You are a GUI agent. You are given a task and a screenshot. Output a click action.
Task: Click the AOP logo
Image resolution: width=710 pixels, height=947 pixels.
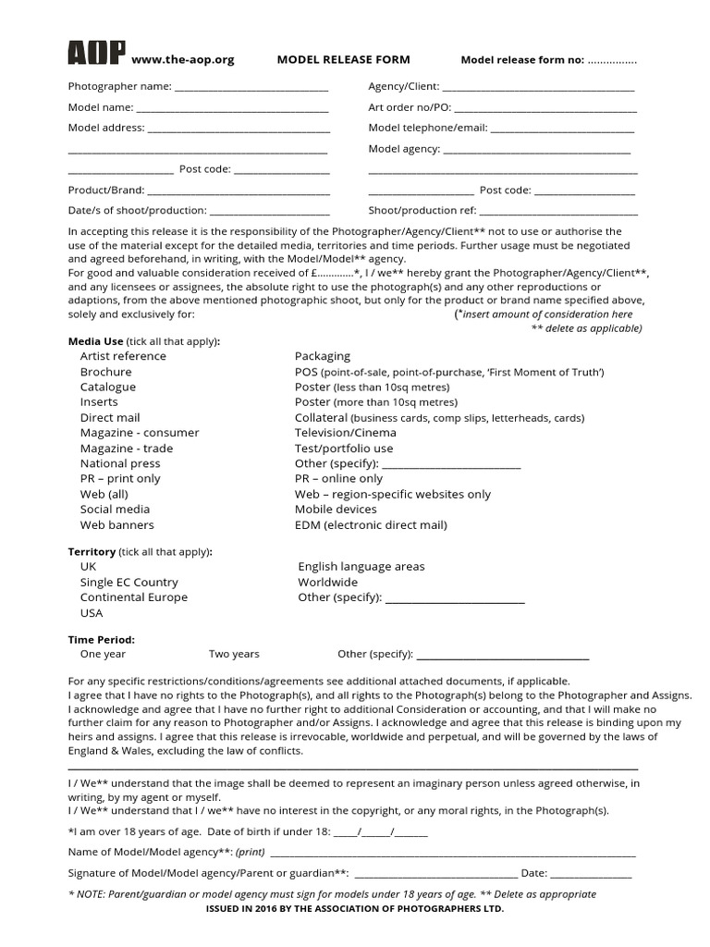coord(97,55)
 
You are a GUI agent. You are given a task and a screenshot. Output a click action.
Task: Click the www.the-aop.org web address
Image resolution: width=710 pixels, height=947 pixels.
coord(183,60)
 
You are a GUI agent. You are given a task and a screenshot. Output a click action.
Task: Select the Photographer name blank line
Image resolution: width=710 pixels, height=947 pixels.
coord(251,89)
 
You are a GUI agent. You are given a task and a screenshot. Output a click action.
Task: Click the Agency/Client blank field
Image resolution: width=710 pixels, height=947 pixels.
coord(538,89)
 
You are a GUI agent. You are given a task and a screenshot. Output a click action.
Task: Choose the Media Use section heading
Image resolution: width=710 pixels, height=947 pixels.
coord(96,341)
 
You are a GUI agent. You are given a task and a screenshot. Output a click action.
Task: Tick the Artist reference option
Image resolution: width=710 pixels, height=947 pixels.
coord(123,356)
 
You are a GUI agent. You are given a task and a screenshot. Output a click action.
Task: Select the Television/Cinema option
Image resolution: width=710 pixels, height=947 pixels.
coord(345,433)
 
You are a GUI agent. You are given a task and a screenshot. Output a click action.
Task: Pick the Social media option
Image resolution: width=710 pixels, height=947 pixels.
coord(115,510)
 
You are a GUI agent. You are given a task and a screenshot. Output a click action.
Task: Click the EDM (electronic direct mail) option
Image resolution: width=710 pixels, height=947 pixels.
coord(371,525)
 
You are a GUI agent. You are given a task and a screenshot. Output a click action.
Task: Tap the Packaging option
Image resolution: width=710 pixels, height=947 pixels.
coord(322,356)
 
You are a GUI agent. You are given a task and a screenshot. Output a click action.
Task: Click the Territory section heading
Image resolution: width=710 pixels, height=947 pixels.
coord(92,552)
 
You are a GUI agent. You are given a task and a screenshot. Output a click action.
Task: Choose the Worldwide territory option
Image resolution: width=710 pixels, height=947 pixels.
coord(327,583)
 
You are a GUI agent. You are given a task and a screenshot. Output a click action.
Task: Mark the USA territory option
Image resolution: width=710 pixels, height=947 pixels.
coord(92,613)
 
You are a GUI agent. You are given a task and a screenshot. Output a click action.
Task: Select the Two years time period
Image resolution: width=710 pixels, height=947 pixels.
coord(234,655)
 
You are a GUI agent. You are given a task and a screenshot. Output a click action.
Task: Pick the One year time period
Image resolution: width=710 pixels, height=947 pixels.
coord(103,655)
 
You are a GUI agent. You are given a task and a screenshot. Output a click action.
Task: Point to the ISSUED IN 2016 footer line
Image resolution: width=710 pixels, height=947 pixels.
coord(354,910)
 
